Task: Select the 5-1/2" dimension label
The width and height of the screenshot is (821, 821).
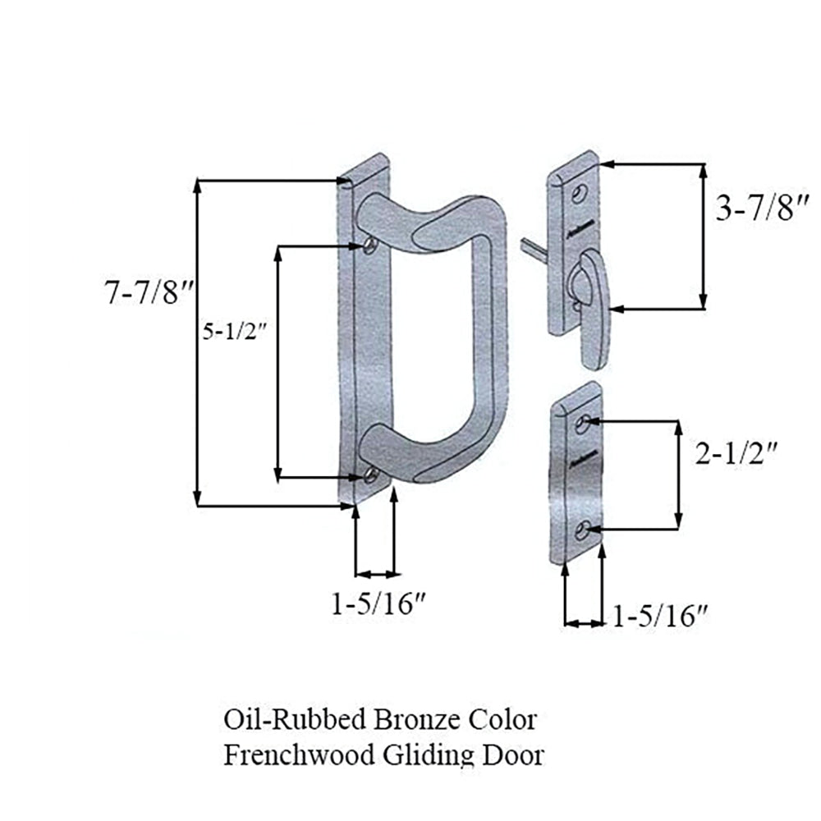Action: point(234,333)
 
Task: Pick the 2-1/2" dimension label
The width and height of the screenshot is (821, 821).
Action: point(736,453)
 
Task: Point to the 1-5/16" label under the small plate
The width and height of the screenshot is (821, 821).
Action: point(661,615)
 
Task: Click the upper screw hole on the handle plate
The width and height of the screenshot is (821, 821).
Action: point(372,245)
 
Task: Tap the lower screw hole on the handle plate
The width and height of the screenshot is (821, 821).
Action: point(372,475)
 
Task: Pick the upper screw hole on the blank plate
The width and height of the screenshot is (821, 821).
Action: point(583,424)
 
